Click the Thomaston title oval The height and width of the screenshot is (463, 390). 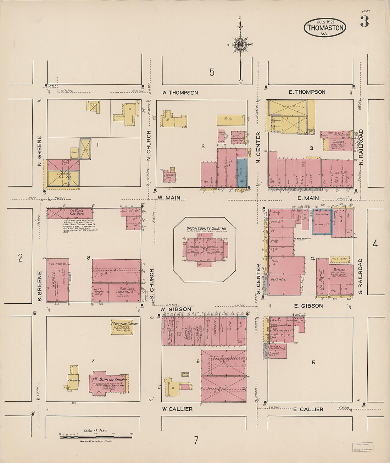pyautogui.click(x=324, y=27)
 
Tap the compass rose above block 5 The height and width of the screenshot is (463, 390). pyautogui.click(x=240, y=44)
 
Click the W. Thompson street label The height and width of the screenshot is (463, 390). pyautogui.click(x=180, y=93)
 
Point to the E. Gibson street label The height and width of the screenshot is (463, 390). pyautogui.click(x=308, y=305)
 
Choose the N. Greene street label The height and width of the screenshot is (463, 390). pyautogui.click(x=39, y=147)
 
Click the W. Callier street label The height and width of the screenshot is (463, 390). pyautogui.click(x=177, y=409)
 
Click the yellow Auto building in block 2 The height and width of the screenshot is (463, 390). pyautogui.click(x=230, y=120)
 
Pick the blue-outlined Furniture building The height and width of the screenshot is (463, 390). pyautogui.click(x=322, y=222)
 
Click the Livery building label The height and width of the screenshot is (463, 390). pyautogui.click(x=63, y=175)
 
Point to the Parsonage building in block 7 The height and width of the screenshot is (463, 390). pyautogui.click(x=74, y=379)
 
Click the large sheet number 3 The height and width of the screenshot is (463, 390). pyautogui.click(x=364, y=22)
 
